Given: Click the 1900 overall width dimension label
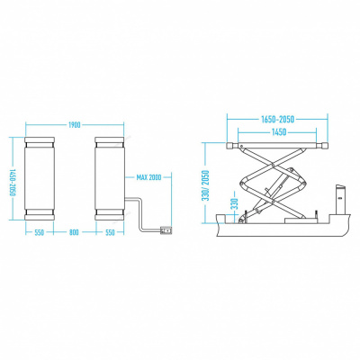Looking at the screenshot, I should pyautogui.click(x=75, y=125).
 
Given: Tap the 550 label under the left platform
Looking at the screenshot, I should pyautogui.click(x=39, y=232).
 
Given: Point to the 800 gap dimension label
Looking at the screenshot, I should pyautogui.click(x=75, y=232).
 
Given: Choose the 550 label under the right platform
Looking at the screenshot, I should pyautogui.click(x=111, y=232).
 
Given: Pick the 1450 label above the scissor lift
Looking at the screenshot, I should pyautogui.click(x=278, y=132).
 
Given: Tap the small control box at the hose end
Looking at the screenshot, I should pyautogui.click(x=164, y=229).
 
